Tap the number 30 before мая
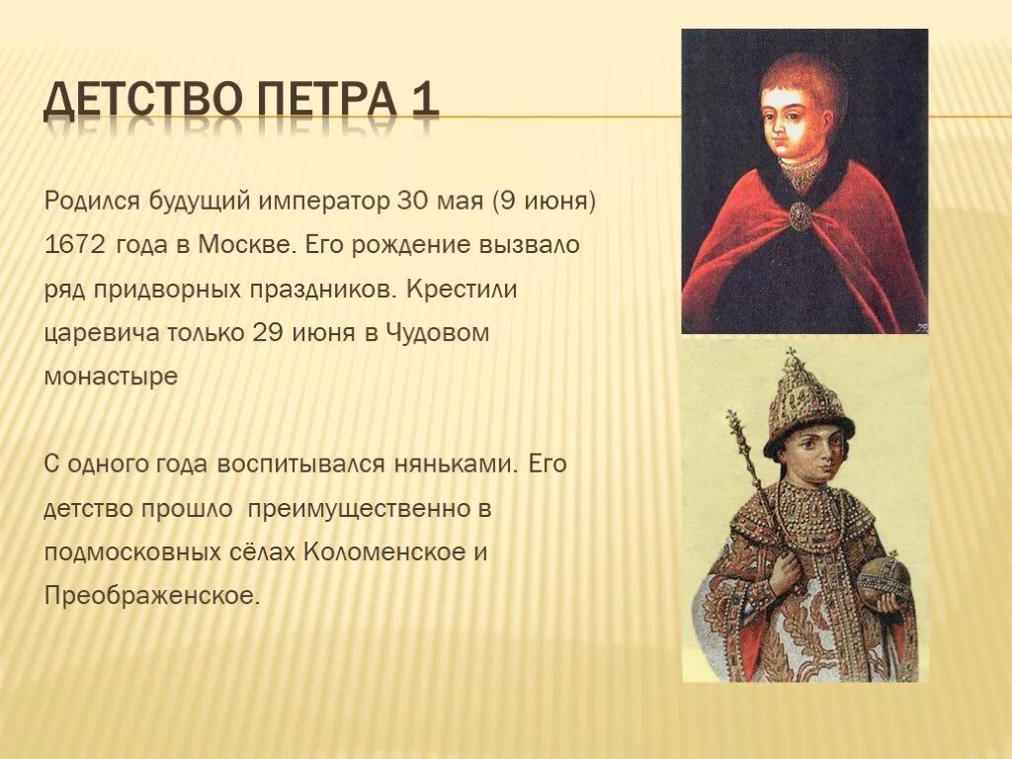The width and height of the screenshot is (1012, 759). pos(411,202)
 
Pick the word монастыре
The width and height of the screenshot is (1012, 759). pos(111,377)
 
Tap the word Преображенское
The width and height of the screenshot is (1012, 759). pos(151,596)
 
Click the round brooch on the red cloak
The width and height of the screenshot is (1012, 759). pos(800,214)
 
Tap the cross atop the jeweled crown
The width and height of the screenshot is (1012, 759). pos(791,357)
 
